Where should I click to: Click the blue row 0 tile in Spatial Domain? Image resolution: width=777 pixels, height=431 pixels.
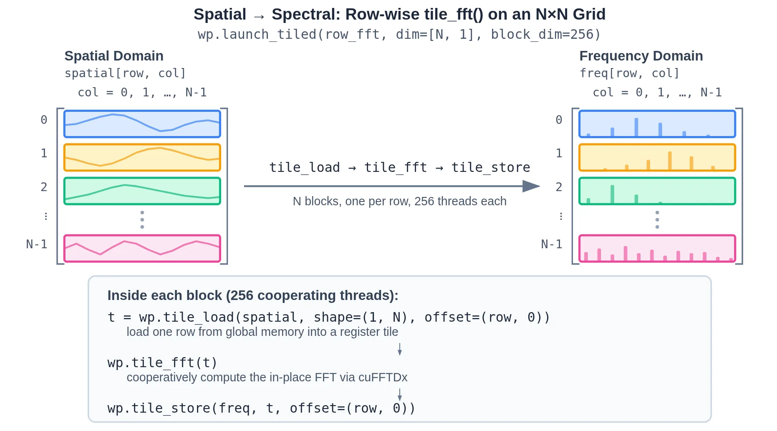point(142,124)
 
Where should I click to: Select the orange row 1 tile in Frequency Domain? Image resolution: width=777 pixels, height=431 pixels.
point(657,157)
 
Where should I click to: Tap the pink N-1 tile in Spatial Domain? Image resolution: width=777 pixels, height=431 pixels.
point(142,248)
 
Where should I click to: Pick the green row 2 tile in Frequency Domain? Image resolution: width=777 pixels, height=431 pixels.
point(657,191)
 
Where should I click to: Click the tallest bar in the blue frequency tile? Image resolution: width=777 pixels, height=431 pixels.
point(636,127)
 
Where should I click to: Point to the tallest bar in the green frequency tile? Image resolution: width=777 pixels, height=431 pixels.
point(612,194)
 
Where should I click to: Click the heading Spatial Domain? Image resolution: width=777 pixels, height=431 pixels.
point(114,56)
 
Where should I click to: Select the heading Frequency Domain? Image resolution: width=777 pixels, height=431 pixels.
point(641,56)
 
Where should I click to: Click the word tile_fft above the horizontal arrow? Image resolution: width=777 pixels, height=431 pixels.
point(396,167)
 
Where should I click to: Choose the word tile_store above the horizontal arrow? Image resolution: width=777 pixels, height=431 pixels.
point(491,167)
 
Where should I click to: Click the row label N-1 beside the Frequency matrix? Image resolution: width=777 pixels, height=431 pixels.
point(551,244)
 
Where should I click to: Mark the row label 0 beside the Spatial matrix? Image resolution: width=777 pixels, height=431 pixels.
point(44,120)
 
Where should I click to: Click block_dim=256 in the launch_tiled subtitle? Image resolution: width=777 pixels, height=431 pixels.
point(545,34)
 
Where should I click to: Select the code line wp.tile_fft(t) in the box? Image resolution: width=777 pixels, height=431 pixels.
point(162,363)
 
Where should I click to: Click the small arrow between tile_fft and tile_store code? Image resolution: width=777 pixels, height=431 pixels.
point(400,394)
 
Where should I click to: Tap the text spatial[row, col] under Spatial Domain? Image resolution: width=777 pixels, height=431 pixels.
point(125,73)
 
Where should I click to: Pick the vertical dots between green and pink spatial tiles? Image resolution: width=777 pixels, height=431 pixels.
point(142,219)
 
